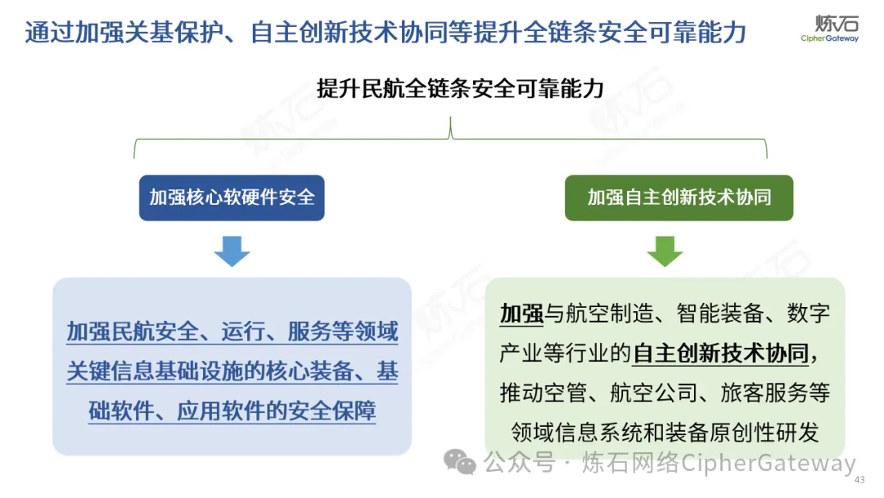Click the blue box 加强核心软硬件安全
point(232,197)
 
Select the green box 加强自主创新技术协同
point(679,197)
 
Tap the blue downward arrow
point(232,251)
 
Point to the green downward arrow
point(665,251)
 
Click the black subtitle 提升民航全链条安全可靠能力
point(460,88)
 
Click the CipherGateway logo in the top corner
point(830,28)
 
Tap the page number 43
point(859,480)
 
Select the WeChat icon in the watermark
point(459,462)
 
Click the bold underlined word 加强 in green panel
point(521,314)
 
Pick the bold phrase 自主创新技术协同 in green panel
point(721,354)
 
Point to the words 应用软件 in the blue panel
point(220,411)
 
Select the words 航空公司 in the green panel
point(653,393)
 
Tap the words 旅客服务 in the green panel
point(764,393)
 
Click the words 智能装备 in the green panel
point(720,314)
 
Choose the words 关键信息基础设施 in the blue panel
point(154,371)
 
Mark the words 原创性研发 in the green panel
point(764,432)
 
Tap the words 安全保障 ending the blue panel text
point(331,411)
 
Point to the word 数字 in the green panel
point(809,314)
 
